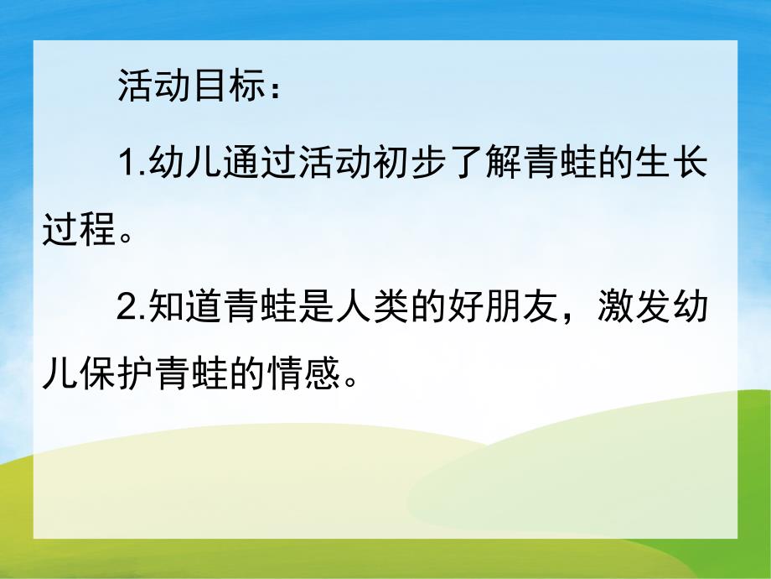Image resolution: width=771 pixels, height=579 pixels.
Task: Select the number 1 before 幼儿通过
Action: [125, 163]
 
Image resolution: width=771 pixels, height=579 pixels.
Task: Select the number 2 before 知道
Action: [125, 310]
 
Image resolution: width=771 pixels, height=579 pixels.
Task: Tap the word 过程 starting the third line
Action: [80, 229]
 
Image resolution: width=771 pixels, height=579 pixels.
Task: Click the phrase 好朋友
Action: [519, 310]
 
